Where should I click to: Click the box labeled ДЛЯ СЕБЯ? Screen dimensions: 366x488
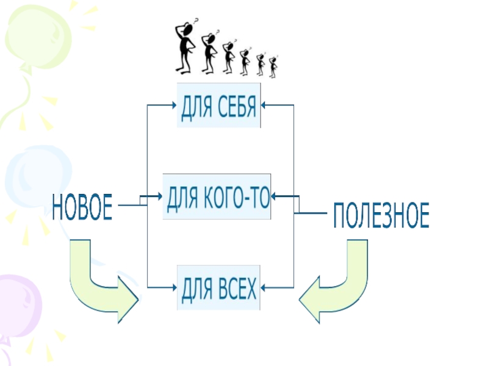pyautogui.click(x=219, y=106)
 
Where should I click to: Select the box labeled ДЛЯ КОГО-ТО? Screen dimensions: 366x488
pyautogui.click(x=217, y=197)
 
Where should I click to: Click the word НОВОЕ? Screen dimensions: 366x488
pyautogui.click(x=82, y=207)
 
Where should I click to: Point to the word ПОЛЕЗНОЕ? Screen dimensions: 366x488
pyautogui.click(x=381, y=217)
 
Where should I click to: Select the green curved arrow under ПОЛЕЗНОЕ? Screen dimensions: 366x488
pyautogui.click(x=335, y=281)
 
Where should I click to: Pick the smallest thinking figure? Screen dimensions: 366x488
pyautogui.click(x=273, y=66)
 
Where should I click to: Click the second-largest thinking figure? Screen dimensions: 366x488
pyautogui.click(x=209, y=52)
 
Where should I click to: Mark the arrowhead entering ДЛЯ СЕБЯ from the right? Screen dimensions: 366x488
pyautogui.click(x=265, y=105)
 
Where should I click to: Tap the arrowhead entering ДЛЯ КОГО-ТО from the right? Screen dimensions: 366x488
pyautogui.click(x=274, y=196)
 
